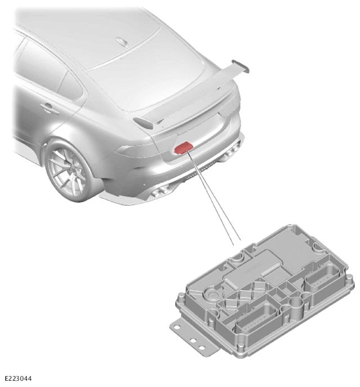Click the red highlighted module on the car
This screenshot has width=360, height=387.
184,148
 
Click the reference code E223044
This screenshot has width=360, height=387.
18,379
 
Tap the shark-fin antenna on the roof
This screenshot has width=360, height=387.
122,42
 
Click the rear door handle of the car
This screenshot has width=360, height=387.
50,108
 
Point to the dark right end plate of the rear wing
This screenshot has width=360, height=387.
241,65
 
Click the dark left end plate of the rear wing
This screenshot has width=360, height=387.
144,123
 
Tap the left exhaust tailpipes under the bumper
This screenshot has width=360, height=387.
161,190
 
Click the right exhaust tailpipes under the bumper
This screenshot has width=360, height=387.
232,150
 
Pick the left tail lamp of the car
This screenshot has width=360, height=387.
135,150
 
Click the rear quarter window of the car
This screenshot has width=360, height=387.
70,86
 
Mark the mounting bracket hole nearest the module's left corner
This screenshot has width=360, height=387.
177,327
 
